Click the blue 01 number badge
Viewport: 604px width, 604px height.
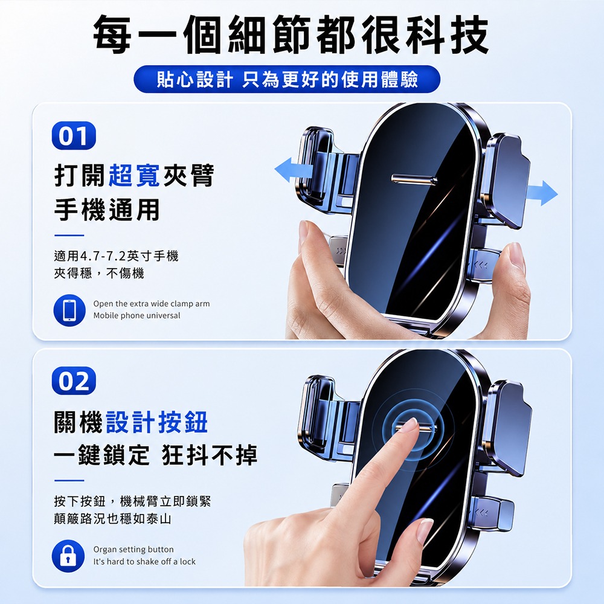pyautogui.click(x=74, y=135)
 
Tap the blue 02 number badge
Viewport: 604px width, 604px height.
pyautogui.click(x=74, y=381)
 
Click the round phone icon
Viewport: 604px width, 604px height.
pyautogui.click(x=69, y=310)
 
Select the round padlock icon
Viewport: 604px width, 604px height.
pyautogui.click(x=68, y=556)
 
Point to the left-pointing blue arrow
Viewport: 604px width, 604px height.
pyautogui.click(x=294, y=170)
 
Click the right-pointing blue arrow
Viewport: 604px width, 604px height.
pyautogui.click(x=541, y=192)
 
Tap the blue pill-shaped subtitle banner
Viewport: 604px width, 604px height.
pyautogui.click(x=287, y=79)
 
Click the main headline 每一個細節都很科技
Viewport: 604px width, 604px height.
pyautogui.click(x=291, y=34)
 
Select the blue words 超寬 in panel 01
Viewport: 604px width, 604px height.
pyautogui.click(x=134, y=175)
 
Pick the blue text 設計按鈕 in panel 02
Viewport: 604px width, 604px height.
pyautogui.click(x=157, y=422)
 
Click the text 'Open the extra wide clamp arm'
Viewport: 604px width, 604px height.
pyautogui.click(x=152, y=304)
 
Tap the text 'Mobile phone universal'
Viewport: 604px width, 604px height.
pyautogui.click(x=137, y=315)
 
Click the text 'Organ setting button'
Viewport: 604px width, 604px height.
pyautogui.click(x=133, y=549)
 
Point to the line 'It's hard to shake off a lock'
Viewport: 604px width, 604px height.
pyautogui.click(x=144, y=562)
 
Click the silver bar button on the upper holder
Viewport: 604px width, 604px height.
pyautogui.click(x=414, y=179)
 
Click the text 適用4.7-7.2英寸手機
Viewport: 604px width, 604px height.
pyautogui.click(x=116, y=255)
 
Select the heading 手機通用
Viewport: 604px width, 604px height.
pyautogui.click(x=107, y=210)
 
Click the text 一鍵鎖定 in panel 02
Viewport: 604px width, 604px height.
pyautogui.click(x=101, y=455)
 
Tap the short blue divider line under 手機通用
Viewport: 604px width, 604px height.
pyautogui.click(x=69, y=235)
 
